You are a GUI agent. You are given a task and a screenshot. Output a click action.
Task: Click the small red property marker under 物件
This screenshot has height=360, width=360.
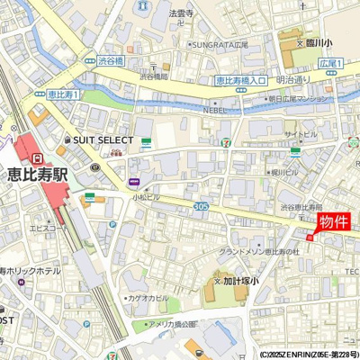pyautogui.click(x=310, y=238)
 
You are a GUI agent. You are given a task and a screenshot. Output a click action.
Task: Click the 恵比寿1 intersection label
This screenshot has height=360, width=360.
pyautogui.click(x=62, y=94)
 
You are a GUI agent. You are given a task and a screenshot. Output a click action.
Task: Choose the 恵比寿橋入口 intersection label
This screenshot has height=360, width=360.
pyautogui.click(x=241, y=81)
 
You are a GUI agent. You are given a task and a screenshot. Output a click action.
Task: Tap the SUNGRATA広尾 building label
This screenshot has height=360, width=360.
pyautogui.click(x=217, y=42)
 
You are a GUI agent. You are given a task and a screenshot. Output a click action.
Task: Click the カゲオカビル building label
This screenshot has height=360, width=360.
pyautogui.click(x=148, y=297)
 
